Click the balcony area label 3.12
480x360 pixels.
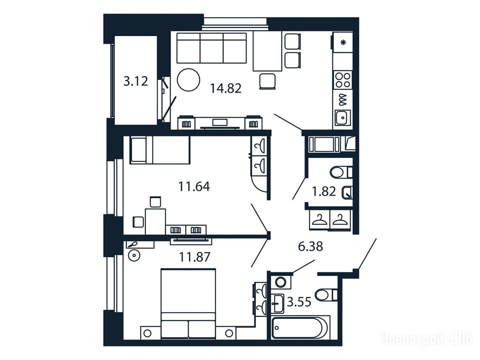(x=135, y=82)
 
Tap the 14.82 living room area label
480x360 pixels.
(x=225, y=89)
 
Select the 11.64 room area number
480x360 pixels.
(x=194, y=187)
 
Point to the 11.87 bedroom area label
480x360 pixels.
(x=195, y=257)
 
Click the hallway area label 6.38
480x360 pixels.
(x=310, y=246)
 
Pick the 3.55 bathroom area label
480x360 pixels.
(x=299, y=302)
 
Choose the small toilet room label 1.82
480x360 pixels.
(x=324, y=192)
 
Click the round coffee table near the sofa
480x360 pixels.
(x=188, y=80)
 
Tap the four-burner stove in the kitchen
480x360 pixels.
(x=343, y=80)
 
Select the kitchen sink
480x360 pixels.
(x=343, y=117)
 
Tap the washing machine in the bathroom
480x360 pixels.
(x=280, y=282)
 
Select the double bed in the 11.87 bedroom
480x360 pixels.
(x=188, y=304)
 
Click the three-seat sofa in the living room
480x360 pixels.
(x=211, y=48)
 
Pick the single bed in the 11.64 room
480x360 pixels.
(x=159, y=150)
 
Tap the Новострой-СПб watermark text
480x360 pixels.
(x=427, y=339)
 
